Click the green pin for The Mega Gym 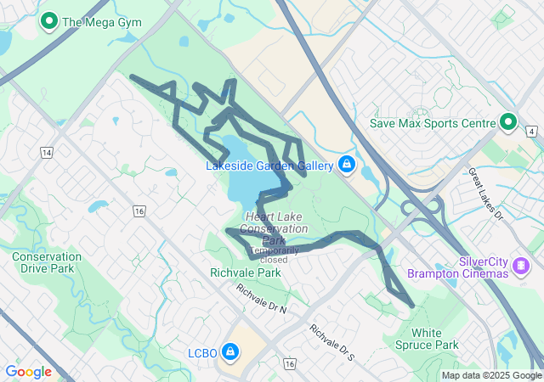coord(49,21)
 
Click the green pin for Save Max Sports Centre coord(508,123)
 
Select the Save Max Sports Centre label coord(433,124)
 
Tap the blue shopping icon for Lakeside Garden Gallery coord(347,164)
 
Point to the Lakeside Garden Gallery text coord(269,166)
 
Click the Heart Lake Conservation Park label coord(274,228)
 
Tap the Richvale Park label coord(246,273)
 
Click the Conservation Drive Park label coord(47,262)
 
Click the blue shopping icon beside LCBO coord(229,351)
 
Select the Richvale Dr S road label coord(331,342)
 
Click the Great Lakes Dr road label coord(486,194)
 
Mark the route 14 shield coord(46,152)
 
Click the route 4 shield coord(531,132)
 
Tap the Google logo coord(28,372)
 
